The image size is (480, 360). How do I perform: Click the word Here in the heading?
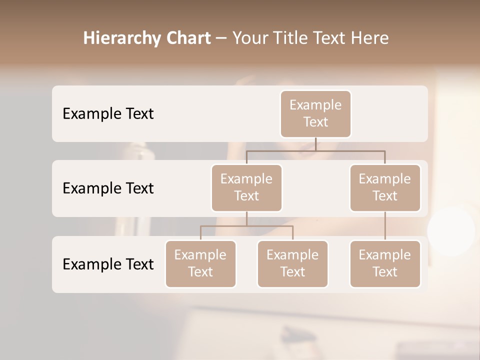pos(370,38)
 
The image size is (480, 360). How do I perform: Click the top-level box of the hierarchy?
pos(315,113)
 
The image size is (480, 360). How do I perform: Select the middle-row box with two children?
pos(246,187)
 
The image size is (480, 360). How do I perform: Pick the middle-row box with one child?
pos(385,187)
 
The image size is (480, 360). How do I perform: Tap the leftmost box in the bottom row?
pos(200,263)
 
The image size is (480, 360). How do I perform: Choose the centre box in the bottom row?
pos(292,263)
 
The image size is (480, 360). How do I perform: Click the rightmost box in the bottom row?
pos(385,263)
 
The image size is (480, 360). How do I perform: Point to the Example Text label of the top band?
pos(108,113)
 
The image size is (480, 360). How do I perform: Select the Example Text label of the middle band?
pos(108,188)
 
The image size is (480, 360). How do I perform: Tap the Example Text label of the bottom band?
pos(108,264)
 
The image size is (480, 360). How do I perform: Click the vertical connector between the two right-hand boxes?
pos(385,226)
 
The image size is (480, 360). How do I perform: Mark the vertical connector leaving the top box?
pos(315,144)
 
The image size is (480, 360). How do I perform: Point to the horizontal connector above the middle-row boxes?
pos(315,150)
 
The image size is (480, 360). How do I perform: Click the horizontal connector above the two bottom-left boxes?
pos(246,226)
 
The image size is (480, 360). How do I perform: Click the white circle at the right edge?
pos(451,231)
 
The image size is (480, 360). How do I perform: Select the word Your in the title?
pos(250,38)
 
